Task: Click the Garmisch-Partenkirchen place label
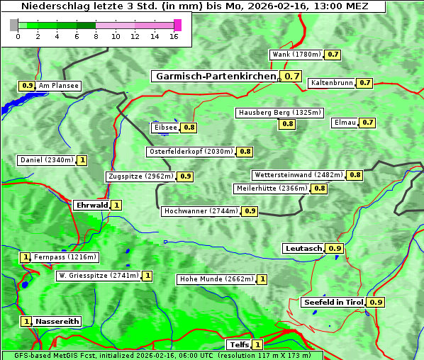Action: (214, 77)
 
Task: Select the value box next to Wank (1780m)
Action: (333, 55)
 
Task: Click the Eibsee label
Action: (165, 128)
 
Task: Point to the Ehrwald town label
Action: (91, 206)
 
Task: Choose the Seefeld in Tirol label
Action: (333, 303)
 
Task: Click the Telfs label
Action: (238, 345)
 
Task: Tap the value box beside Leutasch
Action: (335, 249)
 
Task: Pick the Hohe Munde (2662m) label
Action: (216, 279)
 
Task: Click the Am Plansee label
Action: (58, 86)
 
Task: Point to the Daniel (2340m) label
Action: (46, 160)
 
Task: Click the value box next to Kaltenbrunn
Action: (364, 83)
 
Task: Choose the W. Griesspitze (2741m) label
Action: (99, 276)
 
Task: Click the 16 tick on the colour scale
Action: (173, 37)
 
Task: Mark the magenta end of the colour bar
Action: (177, 25)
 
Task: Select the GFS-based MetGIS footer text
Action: (162, 355)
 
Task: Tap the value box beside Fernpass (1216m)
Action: (26, 257)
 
